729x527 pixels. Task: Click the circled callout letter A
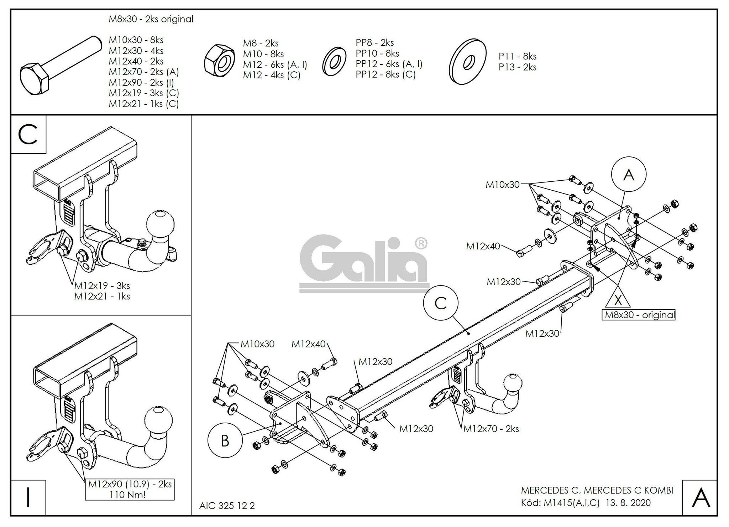click(x=629, y=175)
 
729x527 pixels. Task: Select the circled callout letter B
click(x=225, y=441)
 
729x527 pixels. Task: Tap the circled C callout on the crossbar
click(x=440, y=303)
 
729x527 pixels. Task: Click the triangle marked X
click(x=618, y=299)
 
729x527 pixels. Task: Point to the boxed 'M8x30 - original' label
click(x=638, y=315)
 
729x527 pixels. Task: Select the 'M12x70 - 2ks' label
click(x=491, y=429)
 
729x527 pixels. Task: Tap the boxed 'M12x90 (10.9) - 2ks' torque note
click(x=130, y=489)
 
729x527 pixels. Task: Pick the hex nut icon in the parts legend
click(x=219, y=61)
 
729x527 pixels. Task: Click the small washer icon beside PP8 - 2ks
click(x=334, y=61)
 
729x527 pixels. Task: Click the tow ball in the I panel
click(x=158, y=419)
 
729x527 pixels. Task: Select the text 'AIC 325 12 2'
click(x=227, y=506)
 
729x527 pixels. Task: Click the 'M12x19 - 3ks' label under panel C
click(x=102, y=286)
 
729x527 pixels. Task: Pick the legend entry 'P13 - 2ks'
click(x=517, y=67)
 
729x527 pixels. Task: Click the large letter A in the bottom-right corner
click(x=700, y=498)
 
